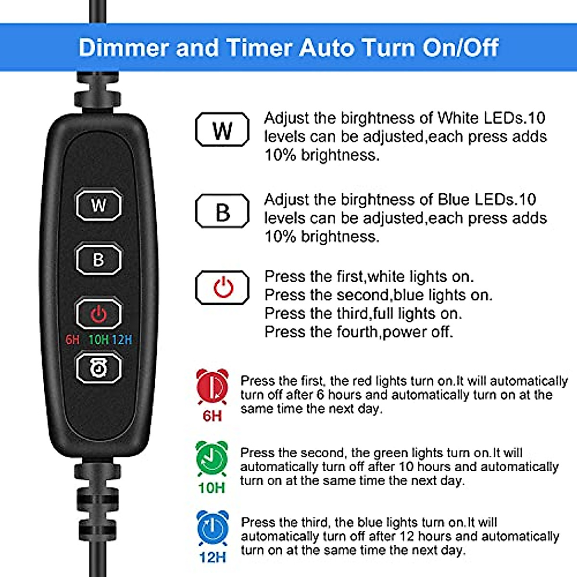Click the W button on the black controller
pyautogui.click(x=99, y=205)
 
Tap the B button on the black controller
pyautogui.click(x=99, y=260)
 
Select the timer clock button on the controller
pyautogui.click(x=99, y=368)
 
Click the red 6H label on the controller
pyautogui.click(x=72, y=340)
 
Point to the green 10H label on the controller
pyautogui.click(x=98, y=340)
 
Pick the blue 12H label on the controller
pyautogui.click(x=122, y=340)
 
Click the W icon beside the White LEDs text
pyautogui.click(x=222, y=129)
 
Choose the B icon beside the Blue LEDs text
pyautogui.click(x=222, y=211)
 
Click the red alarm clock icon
pyautogui.click(x=212, y=388)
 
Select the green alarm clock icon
pyautogui.click(x=212, y=459)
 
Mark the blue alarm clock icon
pyautogui.click(x=212, y=529)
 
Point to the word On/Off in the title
pyautogui.click(x=461, y=48)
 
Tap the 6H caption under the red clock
pyautogui.click(x=212, y=416)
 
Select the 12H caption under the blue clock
pyautogui.click(x=212, y=557)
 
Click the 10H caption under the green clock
pyautogui.click(x=212, y=488)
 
